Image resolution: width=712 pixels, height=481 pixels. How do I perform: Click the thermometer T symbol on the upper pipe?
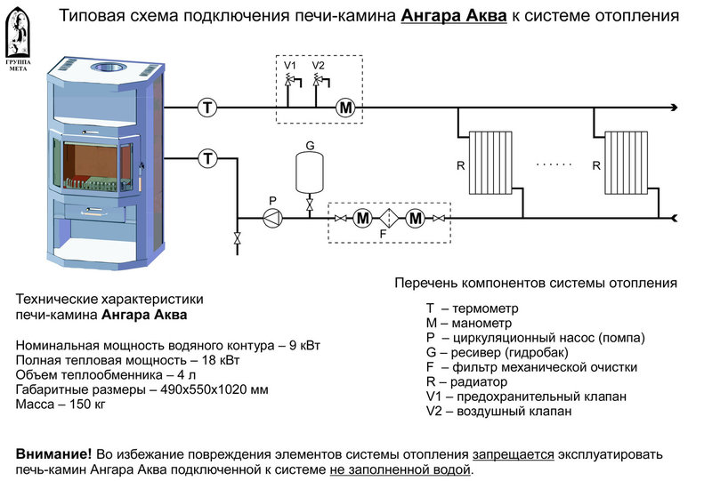(207, 108)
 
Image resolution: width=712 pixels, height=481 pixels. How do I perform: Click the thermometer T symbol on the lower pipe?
(207, 158)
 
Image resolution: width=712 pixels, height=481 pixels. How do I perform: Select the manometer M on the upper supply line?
(345, 108)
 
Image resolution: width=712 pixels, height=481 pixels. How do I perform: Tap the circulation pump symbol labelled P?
(273, 217)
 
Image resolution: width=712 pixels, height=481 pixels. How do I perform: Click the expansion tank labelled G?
(310, 171)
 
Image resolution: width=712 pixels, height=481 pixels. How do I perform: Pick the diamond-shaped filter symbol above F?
(389, 217)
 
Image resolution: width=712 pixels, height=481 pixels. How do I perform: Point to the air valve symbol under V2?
(318, 82)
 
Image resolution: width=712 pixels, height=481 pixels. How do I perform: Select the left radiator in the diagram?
(490, 162)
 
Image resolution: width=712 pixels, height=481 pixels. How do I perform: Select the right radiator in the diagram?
(627, 162)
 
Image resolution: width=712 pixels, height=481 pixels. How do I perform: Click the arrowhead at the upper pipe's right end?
(676, 108)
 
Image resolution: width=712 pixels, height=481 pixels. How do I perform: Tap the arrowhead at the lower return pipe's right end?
(676, 217)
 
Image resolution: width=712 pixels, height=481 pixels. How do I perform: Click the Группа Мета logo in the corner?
(18, 40)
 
